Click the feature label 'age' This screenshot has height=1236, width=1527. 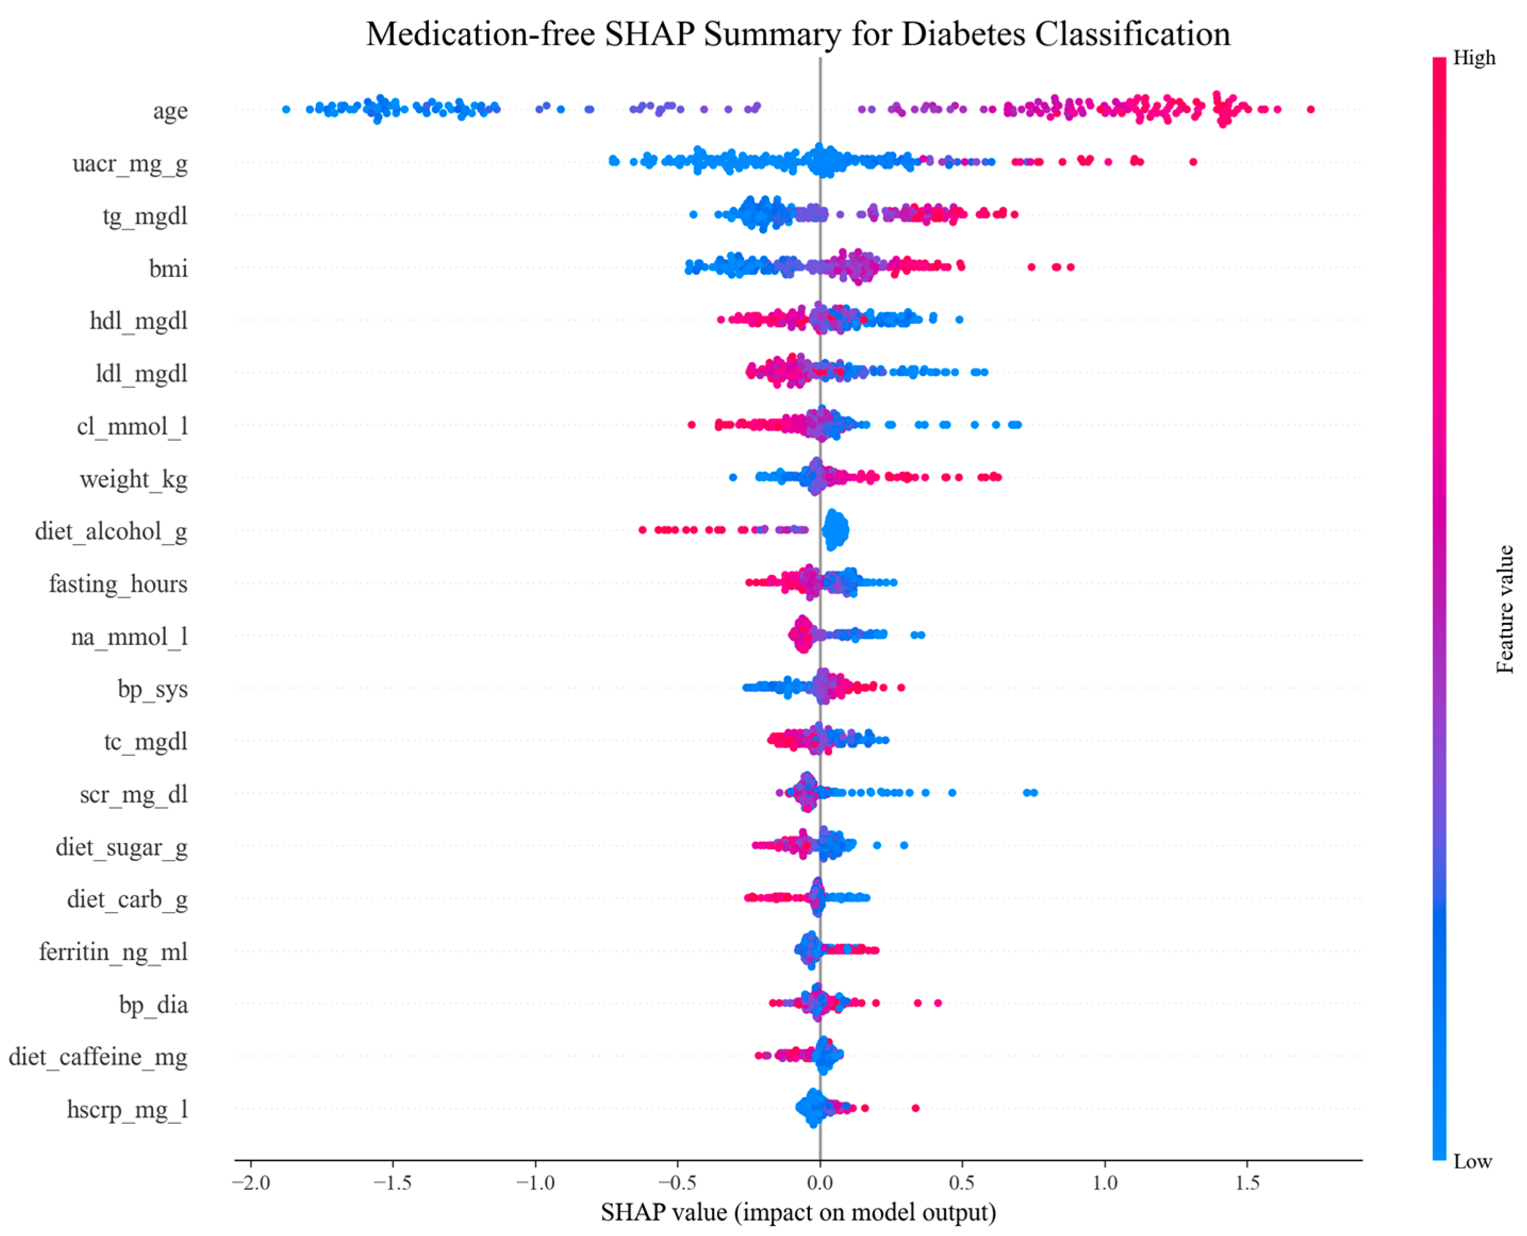(170, 111)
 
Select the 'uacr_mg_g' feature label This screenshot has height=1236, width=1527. (130, 164)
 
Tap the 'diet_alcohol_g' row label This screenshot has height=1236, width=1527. (111, 531)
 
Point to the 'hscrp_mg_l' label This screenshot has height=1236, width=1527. (128, 1109)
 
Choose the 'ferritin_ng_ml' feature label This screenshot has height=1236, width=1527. (113, 952)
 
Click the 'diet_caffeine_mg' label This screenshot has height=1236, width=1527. (98, 1057)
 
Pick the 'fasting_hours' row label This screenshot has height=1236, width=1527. (118, 584)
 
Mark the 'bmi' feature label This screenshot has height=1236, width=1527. (169, 269)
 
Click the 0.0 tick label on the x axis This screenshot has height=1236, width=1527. (820, 1183)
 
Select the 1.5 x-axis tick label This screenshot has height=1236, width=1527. (1247, 1183)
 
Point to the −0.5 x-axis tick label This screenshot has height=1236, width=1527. (677, 1183)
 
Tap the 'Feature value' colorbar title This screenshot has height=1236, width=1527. (1505, 609)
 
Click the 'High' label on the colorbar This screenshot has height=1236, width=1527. (1474, 57)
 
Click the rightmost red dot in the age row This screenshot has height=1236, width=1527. (1310, 110)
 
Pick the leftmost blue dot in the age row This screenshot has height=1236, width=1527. (286, 110)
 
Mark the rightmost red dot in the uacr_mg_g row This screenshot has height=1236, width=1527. (1193, 162)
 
